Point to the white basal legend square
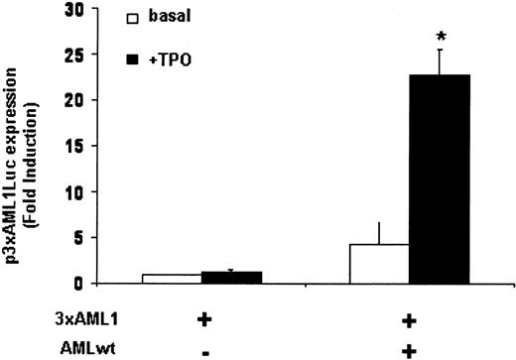point(132,17)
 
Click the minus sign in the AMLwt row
point(202,349)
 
